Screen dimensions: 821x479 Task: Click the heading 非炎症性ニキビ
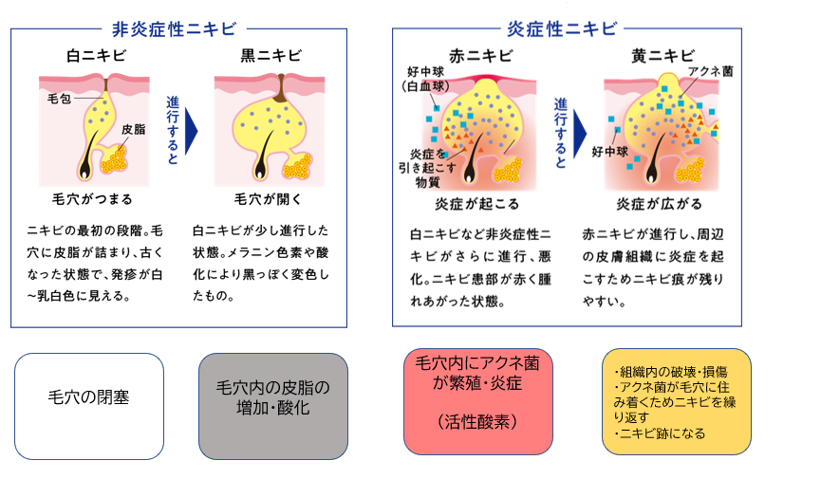[x=174, y=28]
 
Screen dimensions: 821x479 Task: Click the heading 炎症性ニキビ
[x=562, y=28]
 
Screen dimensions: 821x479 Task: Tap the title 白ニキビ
[x=97, y=56]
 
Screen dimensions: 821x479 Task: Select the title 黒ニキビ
[x=271, y=56]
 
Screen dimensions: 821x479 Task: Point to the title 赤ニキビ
[x=480, y=56]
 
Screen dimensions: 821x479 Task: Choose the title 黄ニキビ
[x=662, y=56]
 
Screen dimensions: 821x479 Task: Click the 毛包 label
[x=59, y=99]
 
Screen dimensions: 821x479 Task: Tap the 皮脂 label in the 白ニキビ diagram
[x=134, y=129]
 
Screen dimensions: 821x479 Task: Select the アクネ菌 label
[x=711, y=71]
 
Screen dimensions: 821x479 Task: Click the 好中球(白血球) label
[x=425, y=79]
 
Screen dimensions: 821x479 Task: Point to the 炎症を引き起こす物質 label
[x=427, y=168]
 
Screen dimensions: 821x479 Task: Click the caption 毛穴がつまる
[x=92, y=199]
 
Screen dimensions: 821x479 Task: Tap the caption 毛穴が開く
[x=268, y=199]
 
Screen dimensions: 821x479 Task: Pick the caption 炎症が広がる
[x=659, y=204]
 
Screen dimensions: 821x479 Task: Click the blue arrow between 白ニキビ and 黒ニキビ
[x=191, y=132]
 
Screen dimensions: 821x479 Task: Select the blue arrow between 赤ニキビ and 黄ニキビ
[x=580, y=134]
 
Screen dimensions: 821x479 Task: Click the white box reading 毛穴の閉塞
[x=89, y=406]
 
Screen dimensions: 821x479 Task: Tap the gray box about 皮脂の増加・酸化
[x=273, y=406]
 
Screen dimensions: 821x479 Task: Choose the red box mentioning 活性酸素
[x=478, y=401]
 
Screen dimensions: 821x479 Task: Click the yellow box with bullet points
[x=677, y=401]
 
